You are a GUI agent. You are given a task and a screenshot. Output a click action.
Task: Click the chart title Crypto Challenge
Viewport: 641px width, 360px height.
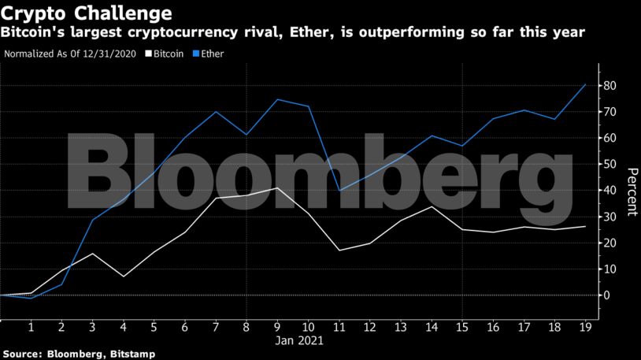tap(87, 13)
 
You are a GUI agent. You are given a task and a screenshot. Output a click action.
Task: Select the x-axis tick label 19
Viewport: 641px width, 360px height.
tap(585, 327)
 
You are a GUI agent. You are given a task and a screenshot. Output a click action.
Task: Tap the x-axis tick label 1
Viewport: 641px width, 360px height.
tap(31, 327)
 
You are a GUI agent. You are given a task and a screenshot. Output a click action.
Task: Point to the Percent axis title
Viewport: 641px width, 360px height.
tap(632, 191)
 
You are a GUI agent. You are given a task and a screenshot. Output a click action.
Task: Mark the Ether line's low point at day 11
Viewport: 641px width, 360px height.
tap(340, 191)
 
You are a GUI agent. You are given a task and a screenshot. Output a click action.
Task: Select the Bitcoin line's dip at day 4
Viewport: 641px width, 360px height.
tap(123, 276)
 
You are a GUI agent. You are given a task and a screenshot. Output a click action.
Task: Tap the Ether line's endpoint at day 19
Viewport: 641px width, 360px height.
tap(585, 84)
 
